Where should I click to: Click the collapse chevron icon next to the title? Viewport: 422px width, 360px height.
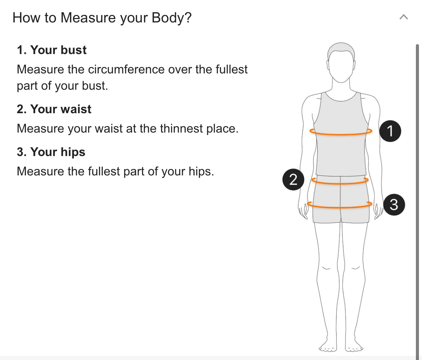[x=404, y=17]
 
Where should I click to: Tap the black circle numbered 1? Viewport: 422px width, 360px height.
[x=390, y=131]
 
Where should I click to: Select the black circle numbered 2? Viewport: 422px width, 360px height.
[x=293, y=179]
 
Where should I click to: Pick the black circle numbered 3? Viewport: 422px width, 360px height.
[x=394, y=205]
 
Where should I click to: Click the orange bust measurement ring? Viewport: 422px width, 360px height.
[x=341, y=134]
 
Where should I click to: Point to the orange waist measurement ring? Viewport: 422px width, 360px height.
[x=340, y=184]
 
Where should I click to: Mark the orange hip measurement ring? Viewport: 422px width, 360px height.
[x=340, y=207]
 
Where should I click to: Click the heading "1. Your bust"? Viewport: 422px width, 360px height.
[x=52, y=50]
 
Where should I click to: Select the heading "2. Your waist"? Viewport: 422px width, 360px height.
[x=54, y=109]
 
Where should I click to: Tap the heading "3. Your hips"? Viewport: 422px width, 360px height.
[x=51, y=152]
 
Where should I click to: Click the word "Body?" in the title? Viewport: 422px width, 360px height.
[x=172, y=18]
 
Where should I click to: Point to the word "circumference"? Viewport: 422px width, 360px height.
[x=126, y=69]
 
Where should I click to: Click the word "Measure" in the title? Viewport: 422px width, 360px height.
[x=88, y=18]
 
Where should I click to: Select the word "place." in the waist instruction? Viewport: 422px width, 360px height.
[x=222, y=129]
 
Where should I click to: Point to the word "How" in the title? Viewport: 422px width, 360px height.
[x=27, y=18]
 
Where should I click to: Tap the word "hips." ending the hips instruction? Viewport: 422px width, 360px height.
[x=201, y=171]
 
